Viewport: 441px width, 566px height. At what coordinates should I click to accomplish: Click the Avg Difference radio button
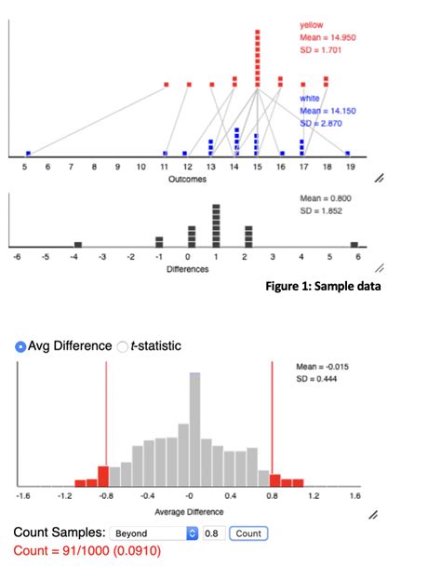(x=21, y=347)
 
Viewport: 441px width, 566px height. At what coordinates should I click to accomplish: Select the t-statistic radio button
(x=123, y=347)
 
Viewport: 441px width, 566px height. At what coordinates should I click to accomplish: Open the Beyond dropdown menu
(x=154, y=534)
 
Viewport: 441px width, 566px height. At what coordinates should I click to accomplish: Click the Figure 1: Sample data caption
(x=323, y=286)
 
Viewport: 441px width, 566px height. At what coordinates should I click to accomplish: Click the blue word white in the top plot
(x=310, y=98)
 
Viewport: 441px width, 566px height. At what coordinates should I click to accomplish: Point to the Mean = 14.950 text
(x=327, y=36)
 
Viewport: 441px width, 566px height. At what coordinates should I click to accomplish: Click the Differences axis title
(x=187, y=268)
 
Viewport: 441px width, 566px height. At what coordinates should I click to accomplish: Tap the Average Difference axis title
(x=191, y=512)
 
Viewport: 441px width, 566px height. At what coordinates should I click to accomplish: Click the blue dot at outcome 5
(x=28, y=153)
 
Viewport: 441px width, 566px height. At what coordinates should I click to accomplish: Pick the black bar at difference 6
(x=354, y=244)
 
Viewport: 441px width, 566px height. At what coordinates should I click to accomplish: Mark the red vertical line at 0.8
(x=272, y=424)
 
